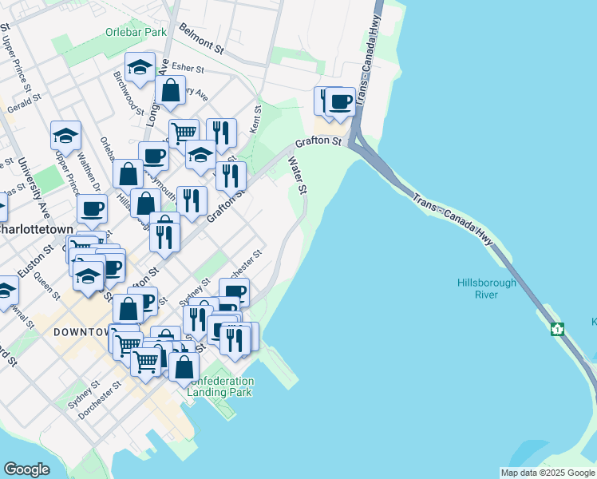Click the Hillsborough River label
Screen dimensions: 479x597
[x=487, y=288]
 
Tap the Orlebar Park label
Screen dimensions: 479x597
[x=136, y=33]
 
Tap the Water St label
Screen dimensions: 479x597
[x=297, y=176]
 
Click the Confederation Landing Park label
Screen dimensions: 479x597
[x=220, y=386]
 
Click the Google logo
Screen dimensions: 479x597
[x=26, y=469]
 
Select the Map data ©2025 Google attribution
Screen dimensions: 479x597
[x=548, y=473]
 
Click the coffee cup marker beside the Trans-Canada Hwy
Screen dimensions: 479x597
[x=340, y=101]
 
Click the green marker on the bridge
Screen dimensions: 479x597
[x=556, y=329]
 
